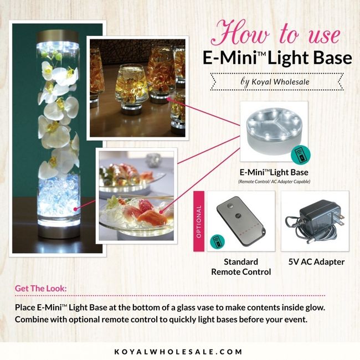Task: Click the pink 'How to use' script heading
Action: [275, 33]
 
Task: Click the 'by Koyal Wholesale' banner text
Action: [275, 82]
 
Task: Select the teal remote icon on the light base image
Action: [301, 155]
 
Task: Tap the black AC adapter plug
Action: [315, 222]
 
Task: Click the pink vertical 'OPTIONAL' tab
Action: [199, 222]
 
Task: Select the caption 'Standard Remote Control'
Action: [241, 267]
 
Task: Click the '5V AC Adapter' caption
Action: [316, 262]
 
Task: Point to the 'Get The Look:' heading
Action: [40, 289]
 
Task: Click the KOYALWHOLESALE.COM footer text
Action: [178, 352]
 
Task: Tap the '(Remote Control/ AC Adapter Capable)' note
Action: [274, 182]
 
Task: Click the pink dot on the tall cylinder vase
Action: [75, 209]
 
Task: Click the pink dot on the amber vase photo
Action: [168, 99]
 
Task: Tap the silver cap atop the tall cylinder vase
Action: [58, 35]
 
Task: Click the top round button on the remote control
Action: [228, 205]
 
